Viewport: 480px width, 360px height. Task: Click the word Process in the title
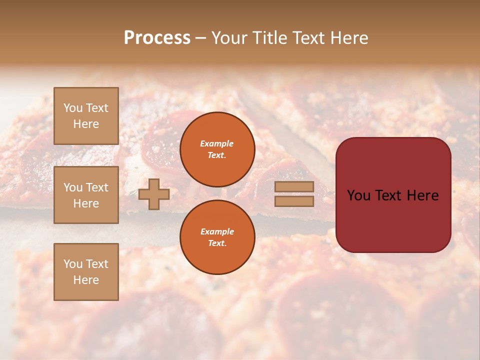(157, 38)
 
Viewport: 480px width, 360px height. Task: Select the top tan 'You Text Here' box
(86, 116)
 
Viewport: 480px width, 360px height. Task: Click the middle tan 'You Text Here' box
(86, 195)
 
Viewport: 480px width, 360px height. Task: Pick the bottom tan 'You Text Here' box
(86, 272)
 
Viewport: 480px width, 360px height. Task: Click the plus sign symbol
(153, 194)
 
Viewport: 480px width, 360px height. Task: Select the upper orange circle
(217, 149)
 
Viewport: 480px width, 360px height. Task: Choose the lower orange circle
(217, 237)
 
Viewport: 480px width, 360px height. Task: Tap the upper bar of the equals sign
(294, 186)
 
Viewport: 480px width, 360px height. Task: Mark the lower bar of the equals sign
(294, 201)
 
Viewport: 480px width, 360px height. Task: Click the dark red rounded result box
(393, 195)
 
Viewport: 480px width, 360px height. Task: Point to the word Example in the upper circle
(217, 143)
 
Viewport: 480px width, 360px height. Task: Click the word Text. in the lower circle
(217, 243)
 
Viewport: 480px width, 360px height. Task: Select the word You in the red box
(358, 195)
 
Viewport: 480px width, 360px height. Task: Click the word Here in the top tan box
(86, 124)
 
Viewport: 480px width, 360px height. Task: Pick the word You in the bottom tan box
(72, 264)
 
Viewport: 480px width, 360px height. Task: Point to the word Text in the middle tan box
(96, 187)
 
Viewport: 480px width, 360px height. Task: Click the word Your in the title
(229, 38)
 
